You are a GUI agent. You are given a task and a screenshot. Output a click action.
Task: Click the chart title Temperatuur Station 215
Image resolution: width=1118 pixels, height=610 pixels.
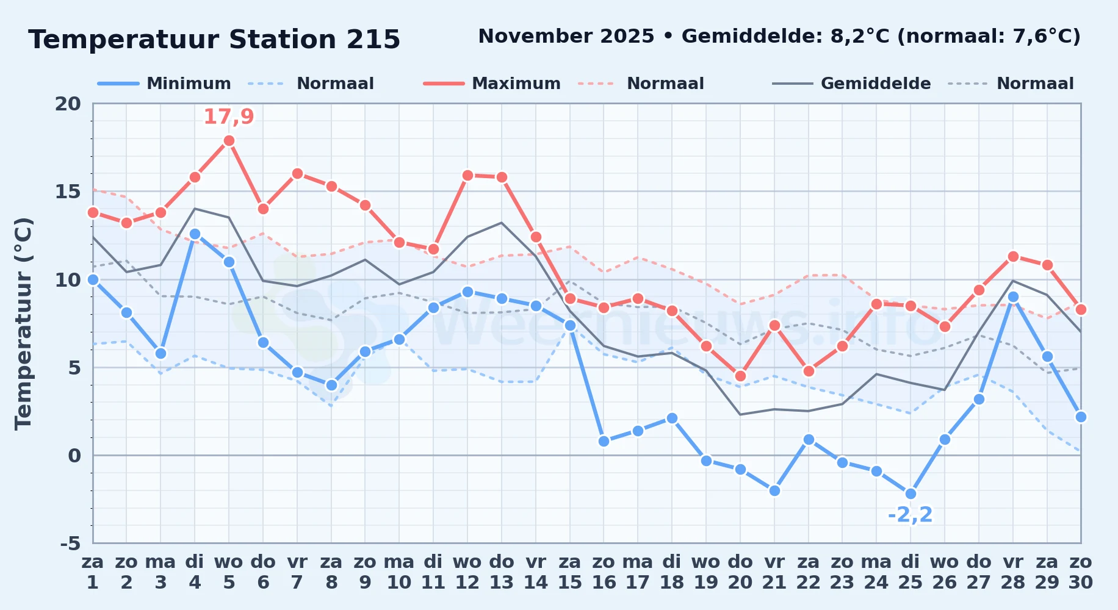click(x=214, y=40)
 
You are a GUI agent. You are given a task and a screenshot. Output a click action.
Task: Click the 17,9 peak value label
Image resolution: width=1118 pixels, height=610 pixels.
click(x=229, y=117)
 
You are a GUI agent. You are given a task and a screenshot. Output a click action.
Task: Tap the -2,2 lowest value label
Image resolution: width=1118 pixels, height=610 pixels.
click(x=911, y=515)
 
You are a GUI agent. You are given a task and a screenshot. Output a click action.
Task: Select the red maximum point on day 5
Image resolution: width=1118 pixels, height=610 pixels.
click(x=229, y=140)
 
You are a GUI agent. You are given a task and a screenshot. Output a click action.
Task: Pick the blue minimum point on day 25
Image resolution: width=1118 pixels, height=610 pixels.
click(x=911, y=493)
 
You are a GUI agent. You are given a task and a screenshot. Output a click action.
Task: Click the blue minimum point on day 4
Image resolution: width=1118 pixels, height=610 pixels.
click(x=195, y=234)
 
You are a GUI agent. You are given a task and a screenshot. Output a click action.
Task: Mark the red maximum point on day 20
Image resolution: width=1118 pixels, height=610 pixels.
click(x=740, y=376)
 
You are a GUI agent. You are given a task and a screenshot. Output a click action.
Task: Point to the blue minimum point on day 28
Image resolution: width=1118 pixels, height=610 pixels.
click(x=1013, y=297)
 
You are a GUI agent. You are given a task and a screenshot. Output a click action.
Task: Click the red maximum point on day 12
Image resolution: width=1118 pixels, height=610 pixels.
click(x=467, y=175)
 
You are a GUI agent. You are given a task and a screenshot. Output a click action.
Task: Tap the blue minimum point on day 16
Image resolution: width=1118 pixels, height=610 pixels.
click(x=604, y=441)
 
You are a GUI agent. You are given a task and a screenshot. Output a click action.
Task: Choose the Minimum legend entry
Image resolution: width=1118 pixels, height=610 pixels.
click(x=165, y=84)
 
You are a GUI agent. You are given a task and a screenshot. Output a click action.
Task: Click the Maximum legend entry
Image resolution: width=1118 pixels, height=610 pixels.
click(x=492, y=84)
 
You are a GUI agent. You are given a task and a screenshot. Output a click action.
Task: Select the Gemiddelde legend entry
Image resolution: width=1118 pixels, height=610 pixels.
click(x=852, y=84)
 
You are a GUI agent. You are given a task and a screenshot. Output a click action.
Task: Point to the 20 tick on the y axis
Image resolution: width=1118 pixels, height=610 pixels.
click(x=68, y=104)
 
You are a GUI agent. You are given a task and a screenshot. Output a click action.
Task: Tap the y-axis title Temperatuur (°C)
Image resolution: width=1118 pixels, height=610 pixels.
click(x=23, y=323)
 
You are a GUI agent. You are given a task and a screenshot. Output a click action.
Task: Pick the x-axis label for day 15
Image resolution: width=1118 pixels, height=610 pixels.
click(x=569, y=572)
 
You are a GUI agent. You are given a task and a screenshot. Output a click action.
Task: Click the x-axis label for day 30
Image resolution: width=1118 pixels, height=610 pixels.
click(x=1081, y=572)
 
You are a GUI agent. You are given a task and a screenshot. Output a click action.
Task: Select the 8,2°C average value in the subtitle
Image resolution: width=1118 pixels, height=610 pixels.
click(x=860, y=37)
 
